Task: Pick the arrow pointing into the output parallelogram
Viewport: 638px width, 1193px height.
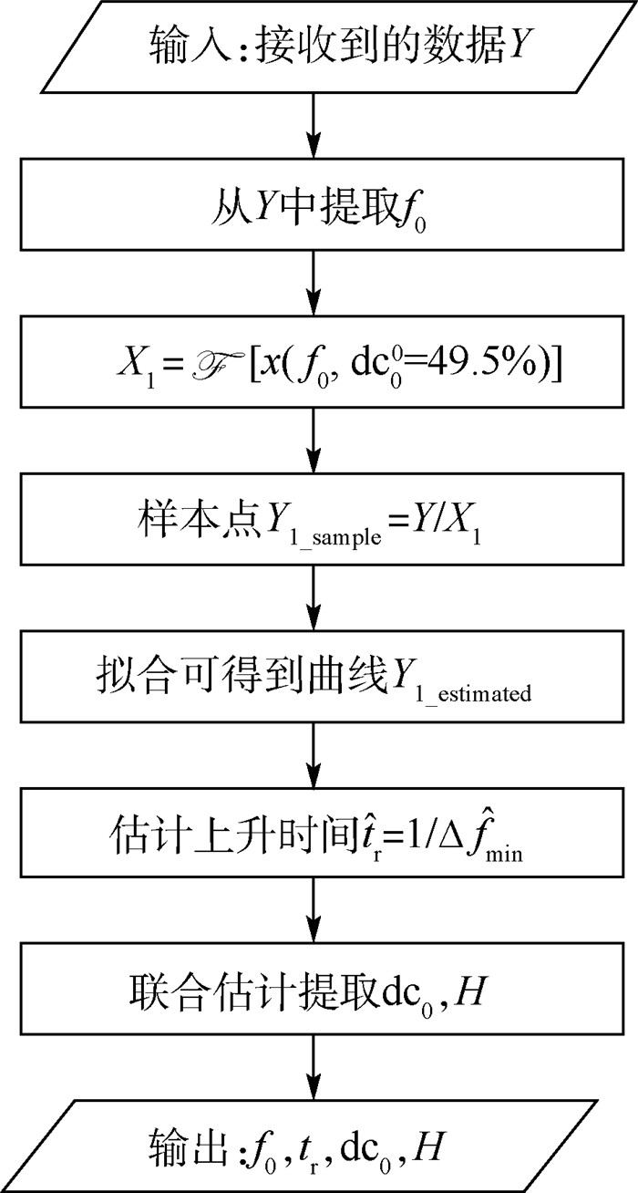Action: tap(314, 1076)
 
